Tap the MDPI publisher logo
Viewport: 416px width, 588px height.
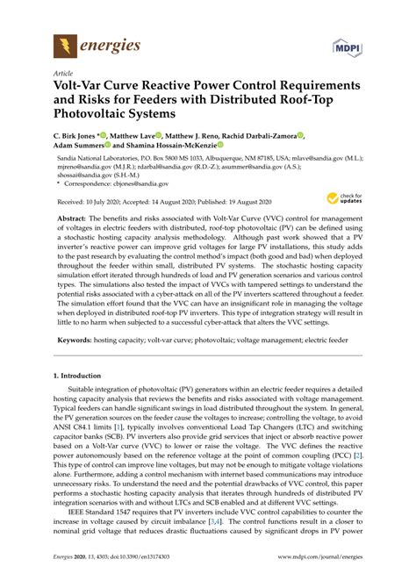tap(348, 45)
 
